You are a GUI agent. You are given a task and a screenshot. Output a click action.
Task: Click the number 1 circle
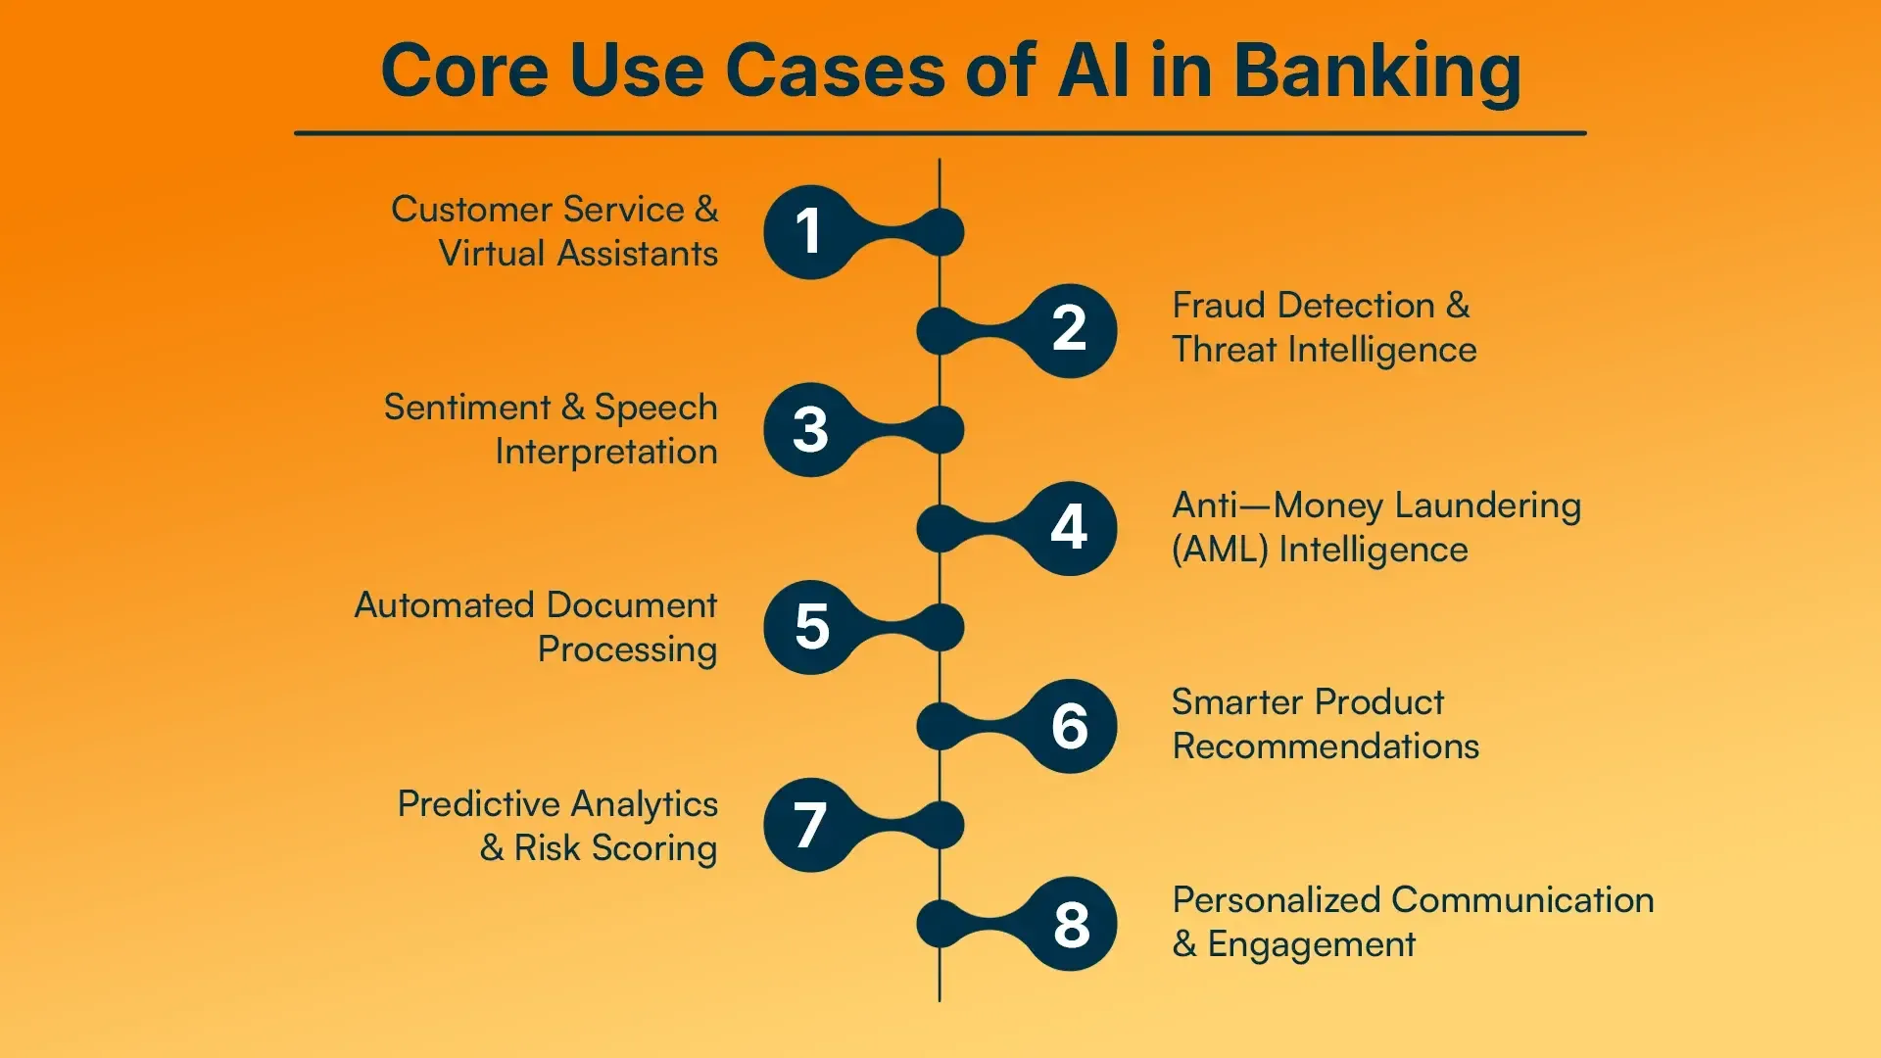click(810, 232)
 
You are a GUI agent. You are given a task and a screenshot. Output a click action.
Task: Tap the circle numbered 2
click(1069, 330)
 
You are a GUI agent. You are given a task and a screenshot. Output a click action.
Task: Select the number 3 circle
click(810, 430)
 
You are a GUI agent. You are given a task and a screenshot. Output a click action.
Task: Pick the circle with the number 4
click(1069, 528)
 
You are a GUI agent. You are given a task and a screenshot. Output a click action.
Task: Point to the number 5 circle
click(810, 627)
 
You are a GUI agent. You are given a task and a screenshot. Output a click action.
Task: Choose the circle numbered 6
click(1069, 726)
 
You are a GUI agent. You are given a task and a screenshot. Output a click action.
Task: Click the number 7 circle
click(810, 825)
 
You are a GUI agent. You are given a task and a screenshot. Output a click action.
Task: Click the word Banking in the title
click(1376, 72)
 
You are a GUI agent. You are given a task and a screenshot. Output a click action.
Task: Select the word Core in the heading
click(464, 72)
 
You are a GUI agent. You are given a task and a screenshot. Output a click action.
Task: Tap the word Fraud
click(1219, 306)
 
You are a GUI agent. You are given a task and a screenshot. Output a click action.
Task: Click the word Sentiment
click(467, 408)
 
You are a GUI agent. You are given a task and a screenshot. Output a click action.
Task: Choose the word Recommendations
click(1326, 746)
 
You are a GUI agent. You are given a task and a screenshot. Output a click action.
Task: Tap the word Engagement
click(1311, 944)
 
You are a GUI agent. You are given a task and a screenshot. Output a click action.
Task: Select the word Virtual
click(491, 254)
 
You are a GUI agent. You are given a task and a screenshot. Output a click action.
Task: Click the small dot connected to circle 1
click(940, 232)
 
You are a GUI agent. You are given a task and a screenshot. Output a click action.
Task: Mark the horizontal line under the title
click(940, 133)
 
